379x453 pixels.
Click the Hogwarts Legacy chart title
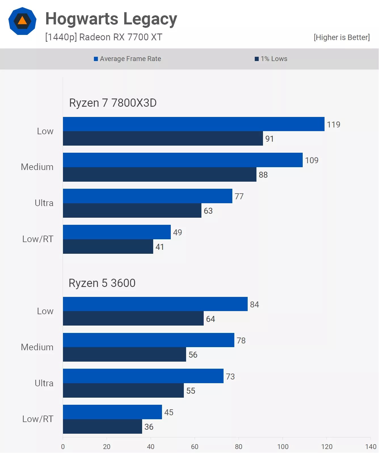111,19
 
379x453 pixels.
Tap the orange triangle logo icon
22,21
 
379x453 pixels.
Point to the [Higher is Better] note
342,37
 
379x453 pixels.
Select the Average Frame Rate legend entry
127,59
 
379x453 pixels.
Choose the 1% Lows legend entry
271,59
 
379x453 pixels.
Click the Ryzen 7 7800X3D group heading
113,103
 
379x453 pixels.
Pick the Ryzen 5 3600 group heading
102,283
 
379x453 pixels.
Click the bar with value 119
193,124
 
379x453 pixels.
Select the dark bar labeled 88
159,175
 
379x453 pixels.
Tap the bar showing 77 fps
148,196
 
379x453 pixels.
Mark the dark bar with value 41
108,247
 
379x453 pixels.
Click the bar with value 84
155,304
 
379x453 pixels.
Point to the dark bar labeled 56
124,355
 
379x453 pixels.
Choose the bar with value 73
143,376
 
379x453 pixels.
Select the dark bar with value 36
102,427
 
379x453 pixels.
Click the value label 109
312,160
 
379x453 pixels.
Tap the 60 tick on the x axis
195,446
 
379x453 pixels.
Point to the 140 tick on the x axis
370,446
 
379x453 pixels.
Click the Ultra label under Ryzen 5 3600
44,383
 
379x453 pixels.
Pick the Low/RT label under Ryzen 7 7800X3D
38,239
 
